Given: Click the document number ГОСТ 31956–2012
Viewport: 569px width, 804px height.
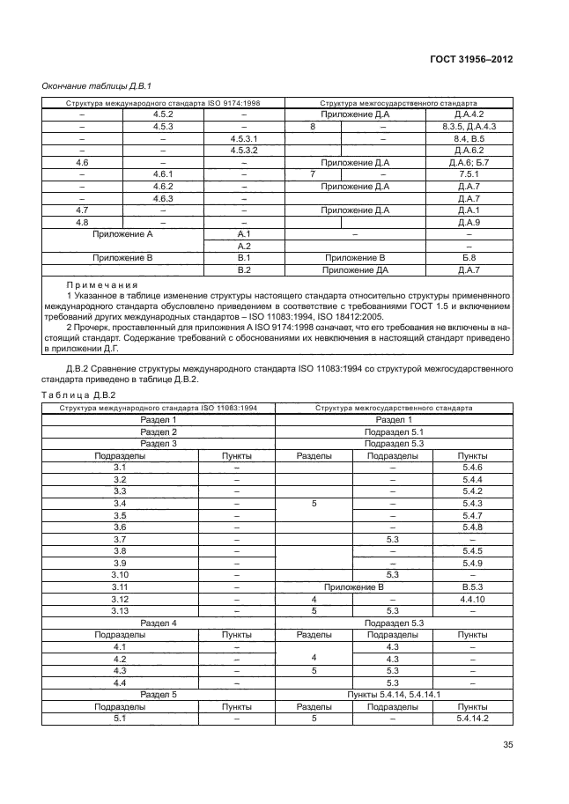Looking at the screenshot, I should pyautogui.click(x=471, y=60).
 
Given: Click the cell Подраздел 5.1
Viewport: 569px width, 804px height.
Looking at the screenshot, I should pyautogui.click(x=395, y=432).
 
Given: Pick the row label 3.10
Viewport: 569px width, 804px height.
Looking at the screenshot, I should pyautogui.click(x=121, y=574).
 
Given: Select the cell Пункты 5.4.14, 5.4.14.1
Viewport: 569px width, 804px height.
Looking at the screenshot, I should pyautogui.click(x=395, y=694).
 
